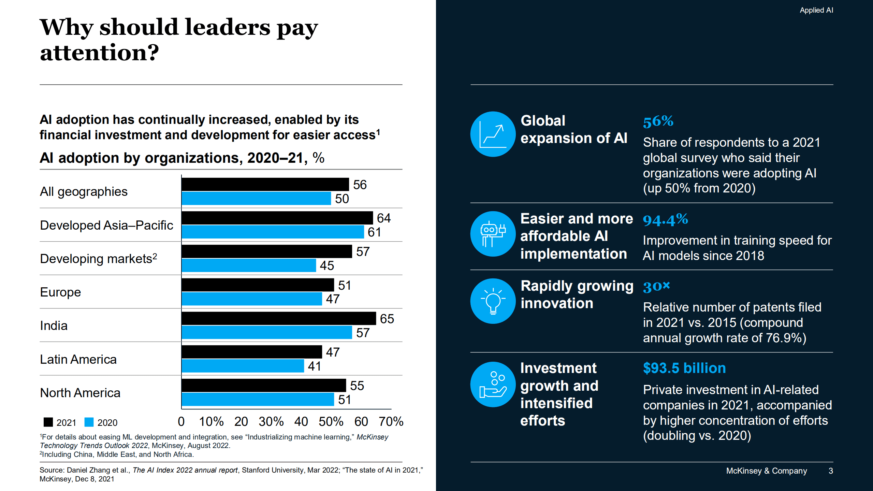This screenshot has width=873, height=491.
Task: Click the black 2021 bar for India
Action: point(278,318)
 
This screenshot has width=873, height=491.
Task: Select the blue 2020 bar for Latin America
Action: point(243,366)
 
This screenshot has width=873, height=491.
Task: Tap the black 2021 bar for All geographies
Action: point(265,184)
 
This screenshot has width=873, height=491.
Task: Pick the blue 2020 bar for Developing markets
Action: point(249,265)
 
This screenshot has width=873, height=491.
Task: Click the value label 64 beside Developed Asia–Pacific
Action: point(383,218)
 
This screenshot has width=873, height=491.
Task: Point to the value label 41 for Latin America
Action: point(314,366)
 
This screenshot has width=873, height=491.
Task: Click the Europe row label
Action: point(60,292)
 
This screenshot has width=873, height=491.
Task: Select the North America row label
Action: point(80,393)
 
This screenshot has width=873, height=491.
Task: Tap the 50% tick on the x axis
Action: point(331,421)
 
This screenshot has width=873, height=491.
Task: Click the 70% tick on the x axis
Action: point(391,421)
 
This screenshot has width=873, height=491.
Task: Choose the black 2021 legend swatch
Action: point(48,422)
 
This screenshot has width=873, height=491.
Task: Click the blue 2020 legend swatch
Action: point(89,422)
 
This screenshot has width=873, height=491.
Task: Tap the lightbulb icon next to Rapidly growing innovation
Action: point(493,301)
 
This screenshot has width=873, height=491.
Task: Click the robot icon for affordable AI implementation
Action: point(493,234)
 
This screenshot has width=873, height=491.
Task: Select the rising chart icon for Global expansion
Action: point(493,134)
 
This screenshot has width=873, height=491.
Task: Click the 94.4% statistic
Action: point(665,219)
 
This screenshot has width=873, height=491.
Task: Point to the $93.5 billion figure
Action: point(684,368)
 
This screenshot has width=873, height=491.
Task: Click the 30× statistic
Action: point(656,286)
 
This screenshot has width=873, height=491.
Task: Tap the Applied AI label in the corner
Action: point(816,10)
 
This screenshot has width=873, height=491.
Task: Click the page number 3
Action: point(831,471)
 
